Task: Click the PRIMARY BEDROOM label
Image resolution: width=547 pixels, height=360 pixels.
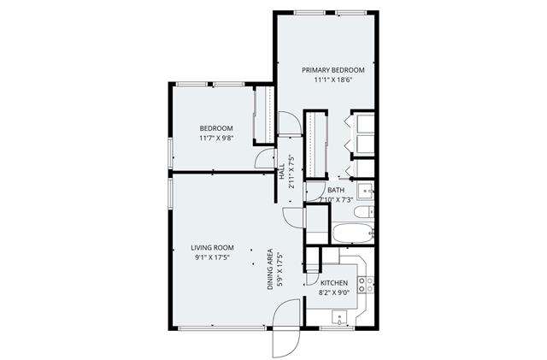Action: [333, 70]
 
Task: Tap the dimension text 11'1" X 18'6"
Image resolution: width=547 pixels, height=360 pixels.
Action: [333, 80]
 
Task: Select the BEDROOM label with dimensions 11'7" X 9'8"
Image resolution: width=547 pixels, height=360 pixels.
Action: [216, 128]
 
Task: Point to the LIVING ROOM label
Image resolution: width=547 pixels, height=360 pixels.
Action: [213, 248]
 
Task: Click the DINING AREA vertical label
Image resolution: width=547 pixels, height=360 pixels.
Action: [270, 269]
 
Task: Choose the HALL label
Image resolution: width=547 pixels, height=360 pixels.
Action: [282, 172]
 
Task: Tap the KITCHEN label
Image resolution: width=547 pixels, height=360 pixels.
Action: [334, 283]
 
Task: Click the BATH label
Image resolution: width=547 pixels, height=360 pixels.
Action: [336, 190]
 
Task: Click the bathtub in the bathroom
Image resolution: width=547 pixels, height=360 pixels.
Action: [353, 233]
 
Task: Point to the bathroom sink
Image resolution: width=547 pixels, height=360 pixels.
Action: [366, 191]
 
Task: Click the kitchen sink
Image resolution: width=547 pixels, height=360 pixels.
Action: [339, 318]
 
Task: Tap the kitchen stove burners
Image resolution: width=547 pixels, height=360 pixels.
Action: [366, 284]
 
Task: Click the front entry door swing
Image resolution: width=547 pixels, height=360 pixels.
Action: [286, 328]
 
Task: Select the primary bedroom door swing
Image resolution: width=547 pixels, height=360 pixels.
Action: [290, 122]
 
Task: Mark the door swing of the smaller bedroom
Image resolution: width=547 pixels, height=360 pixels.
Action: [265, 158]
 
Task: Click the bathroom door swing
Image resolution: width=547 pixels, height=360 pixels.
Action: [315, 192]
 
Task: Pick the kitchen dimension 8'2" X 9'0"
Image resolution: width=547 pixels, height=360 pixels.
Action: [334, 292]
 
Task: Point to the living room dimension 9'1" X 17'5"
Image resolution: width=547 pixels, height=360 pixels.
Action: [213, 257]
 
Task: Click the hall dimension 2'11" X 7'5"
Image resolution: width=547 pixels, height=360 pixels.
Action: [291, 172]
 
